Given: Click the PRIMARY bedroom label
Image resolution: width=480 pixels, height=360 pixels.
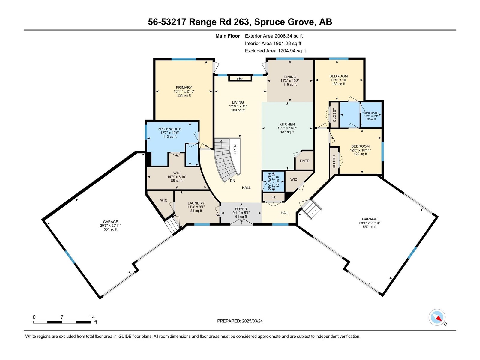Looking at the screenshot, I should click(184, 88).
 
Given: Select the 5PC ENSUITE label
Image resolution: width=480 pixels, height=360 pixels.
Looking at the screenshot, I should click(170, 129).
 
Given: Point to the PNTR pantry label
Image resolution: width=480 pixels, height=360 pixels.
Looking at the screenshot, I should click(304, 161).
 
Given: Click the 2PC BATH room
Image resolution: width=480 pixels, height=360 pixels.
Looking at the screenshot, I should click(273, 181).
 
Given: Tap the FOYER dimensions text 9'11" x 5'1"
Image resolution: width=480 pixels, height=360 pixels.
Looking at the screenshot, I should click(241, 213).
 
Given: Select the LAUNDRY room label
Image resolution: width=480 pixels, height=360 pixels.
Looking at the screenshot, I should click(196, 203).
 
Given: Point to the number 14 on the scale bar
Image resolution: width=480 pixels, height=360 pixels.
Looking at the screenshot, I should click(92, 317).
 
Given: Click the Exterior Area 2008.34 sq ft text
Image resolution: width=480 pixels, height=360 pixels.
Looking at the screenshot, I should click(274, 36).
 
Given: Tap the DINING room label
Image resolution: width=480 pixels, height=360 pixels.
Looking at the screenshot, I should click(290, 77).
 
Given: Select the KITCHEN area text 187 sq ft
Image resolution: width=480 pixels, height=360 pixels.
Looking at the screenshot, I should click(287, 132).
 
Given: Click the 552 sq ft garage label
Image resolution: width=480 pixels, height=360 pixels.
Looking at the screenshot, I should click(369, 227).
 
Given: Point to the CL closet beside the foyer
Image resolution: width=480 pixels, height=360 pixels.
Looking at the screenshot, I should click(274, 197).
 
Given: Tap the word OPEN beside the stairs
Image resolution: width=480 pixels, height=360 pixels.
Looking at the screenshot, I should click(235, 149).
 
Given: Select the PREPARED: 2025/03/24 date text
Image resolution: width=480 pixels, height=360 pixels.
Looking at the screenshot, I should click(240, 321).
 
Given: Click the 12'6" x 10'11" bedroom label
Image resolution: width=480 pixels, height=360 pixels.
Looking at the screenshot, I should click(360, 150).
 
